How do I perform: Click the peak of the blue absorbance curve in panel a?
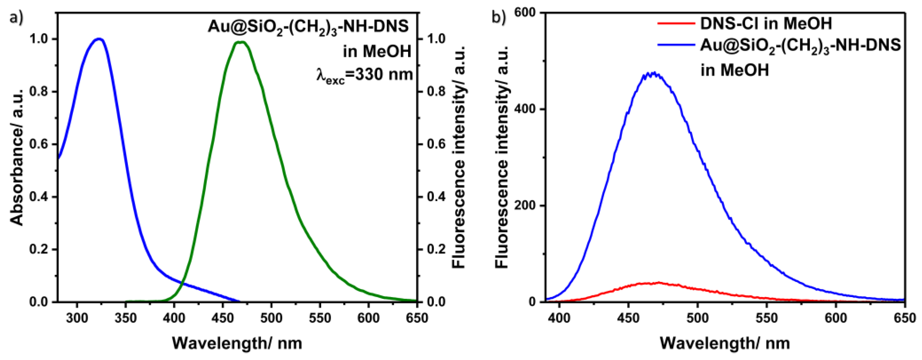pyautogui.click(x=99, y=39)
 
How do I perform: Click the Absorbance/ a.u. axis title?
pyautogui.click(x=17, y=158)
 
